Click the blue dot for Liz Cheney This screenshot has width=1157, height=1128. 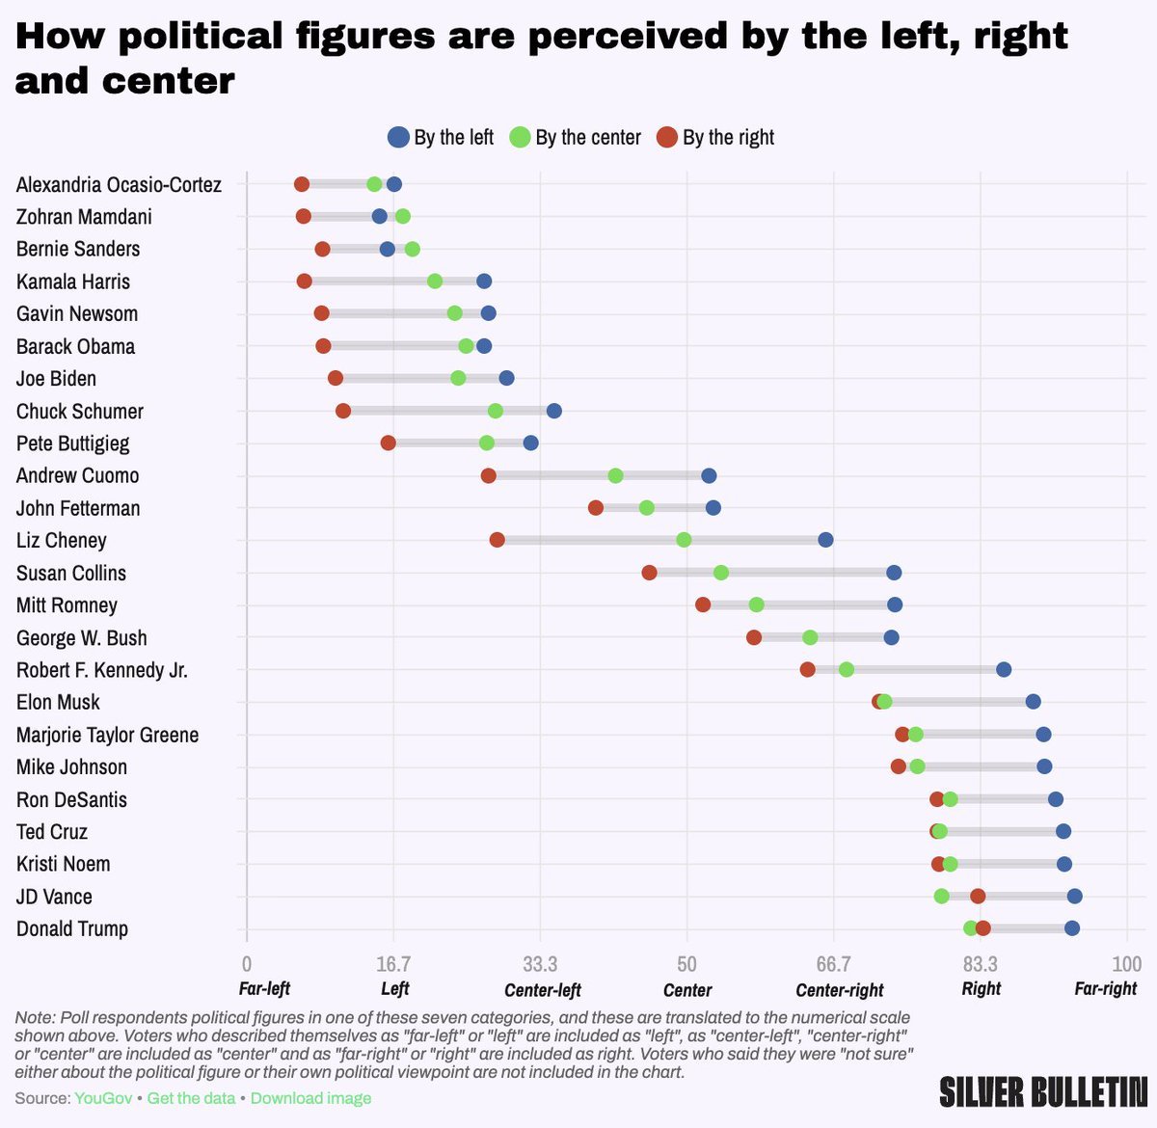click(825, 540)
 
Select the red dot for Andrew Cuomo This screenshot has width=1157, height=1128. click(489, 475)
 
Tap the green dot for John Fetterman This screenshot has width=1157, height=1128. click(646, 508)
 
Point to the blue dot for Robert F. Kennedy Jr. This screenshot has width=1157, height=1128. click(1004, 669)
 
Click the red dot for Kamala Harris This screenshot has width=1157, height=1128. click(305, 282)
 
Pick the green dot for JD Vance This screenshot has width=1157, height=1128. click(941, 897)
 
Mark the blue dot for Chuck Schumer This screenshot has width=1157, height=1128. click(553, 411)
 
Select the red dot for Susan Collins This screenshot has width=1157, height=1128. click(649, 573)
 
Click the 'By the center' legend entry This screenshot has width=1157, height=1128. click(576, 138)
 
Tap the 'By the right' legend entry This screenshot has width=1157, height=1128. click(715, 138)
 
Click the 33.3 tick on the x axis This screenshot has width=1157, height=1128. click(540, 964)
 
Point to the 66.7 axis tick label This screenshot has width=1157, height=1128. click(833, 964)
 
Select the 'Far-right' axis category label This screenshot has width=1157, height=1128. click(1105, 988)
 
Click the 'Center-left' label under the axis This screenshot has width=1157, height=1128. click(543, 990)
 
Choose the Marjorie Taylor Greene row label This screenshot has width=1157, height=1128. click(107, 735)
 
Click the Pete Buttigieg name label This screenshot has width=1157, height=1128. click(72, 443)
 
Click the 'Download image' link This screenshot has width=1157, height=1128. click(310, 1098)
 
